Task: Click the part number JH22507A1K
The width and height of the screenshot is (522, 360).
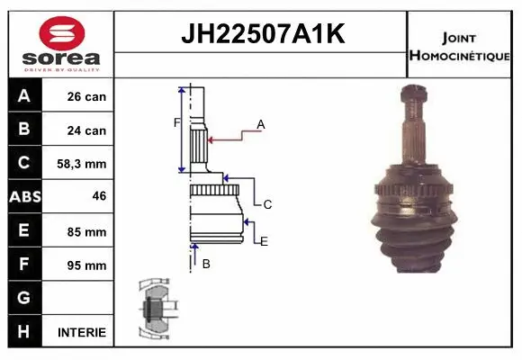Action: (x=262, y=34)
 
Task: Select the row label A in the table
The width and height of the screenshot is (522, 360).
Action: (x=23, y=96)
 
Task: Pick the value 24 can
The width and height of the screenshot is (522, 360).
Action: (x=86, y=130)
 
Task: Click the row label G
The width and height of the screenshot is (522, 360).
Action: (x=23, y=298)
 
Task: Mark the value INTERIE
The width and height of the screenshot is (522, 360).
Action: (x=81, y=332)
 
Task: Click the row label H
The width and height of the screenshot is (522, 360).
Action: (x=23, y=331)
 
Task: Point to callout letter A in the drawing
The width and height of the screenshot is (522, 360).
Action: (x=261, y=123)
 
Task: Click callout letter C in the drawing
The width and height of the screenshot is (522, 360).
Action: (x=267, y=204)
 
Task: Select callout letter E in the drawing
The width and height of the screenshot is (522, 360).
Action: (x=264, y=240)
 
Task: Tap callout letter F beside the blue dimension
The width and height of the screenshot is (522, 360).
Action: (x=177, y=122)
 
